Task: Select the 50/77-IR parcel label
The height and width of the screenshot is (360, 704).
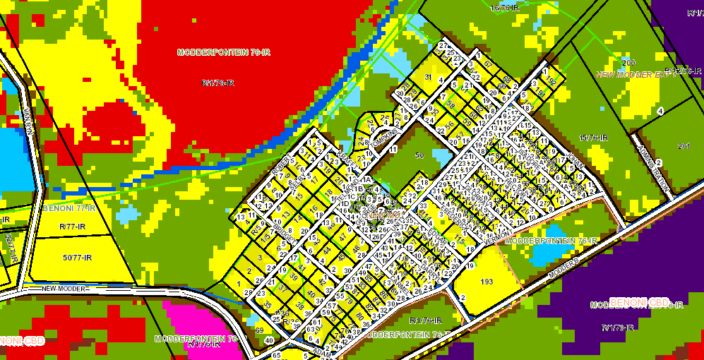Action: click(77, 258)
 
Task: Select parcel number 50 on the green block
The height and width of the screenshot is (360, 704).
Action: click(419, 155)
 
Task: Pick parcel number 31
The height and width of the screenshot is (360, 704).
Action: click(428, 77)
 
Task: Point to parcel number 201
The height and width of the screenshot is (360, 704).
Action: click(683, 146)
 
